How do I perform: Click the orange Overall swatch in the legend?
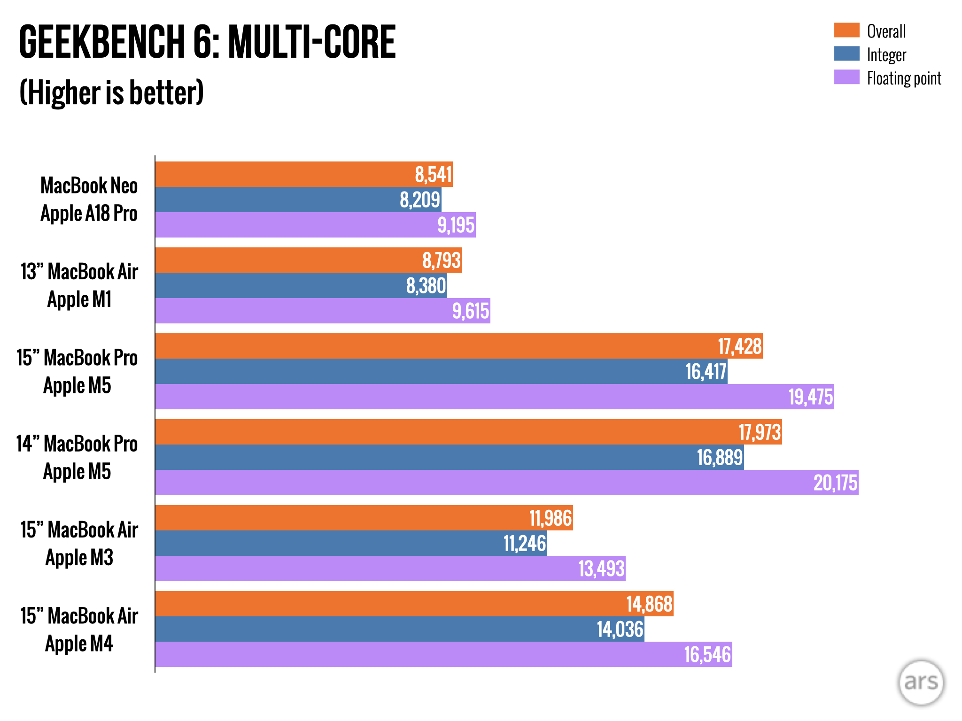tap(846, 31)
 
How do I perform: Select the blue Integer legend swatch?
tap(846, 54)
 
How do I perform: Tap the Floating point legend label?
tap(904, 78)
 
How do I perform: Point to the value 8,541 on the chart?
tap(433, 175)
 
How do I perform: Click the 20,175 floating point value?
tap(835, 483)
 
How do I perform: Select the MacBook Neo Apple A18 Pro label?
tap(89, 199)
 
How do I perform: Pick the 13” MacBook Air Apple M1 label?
tap(79, 285)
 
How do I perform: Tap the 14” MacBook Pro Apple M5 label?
tap(77, 458)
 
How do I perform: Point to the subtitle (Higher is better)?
tap(111, 92)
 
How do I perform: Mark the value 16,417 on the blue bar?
tap(706, 372)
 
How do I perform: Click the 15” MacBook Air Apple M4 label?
tap(79, 629)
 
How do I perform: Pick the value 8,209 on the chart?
tap(419, 200)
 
